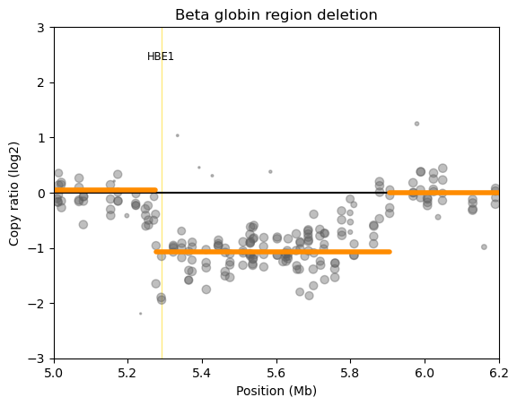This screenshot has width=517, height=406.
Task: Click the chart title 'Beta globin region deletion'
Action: click(x=276, y=14)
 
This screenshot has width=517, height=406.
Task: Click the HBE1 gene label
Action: click(x=161, y=57)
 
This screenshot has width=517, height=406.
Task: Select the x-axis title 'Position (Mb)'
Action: click(x=276, y=391)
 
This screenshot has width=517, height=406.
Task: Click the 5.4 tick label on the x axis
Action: click(x=202, y=369)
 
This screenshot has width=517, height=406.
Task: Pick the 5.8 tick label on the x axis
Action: click(x=350, y=369)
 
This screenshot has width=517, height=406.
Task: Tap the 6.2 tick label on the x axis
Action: click(x=499, y=369)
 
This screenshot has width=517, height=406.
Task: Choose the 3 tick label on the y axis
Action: click(x=42, y=28)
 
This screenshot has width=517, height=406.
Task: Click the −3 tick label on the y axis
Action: click(x=39, y=358)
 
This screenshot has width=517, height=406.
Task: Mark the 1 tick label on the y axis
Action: click(x=42, y=138)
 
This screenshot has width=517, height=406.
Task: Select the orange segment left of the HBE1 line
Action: click(x=105, y=190)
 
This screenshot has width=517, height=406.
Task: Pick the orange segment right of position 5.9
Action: click(x=443, y=193)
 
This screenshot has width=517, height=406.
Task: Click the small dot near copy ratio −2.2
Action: click(x=141, y=314)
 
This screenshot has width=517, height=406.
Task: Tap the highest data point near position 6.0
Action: click(x=416, y=124)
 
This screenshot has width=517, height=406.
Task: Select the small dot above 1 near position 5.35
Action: click(x=178, y=135)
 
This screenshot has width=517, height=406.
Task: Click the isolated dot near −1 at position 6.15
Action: click(x=484, y=247)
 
